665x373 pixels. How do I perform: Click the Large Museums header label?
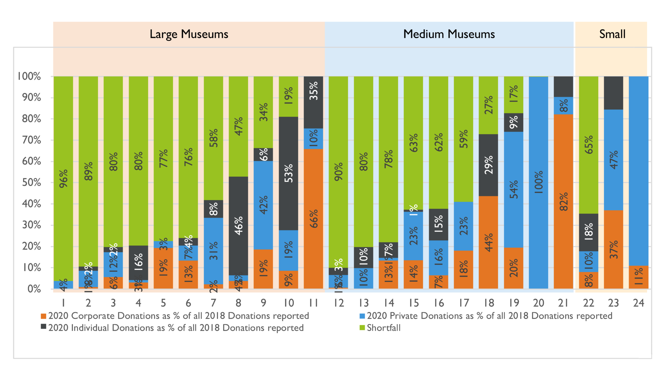click(189, 34)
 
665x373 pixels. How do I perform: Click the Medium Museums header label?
click(449, 34)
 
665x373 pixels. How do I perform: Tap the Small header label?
click(612, 34)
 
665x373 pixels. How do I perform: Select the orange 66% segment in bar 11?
click(313, 219)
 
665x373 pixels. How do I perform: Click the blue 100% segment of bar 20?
click(538, 182)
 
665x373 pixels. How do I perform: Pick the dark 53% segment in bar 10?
click(288, 174)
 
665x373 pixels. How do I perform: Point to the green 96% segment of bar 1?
click(63, 178)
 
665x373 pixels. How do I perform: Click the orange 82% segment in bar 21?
click(563, 201)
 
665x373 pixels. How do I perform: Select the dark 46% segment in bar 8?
click(238, 226)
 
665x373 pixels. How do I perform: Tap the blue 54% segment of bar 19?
click(513, 189)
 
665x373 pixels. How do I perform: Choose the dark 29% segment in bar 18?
click(488, 165)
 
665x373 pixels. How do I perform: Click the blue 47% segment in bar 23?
click(613, 160)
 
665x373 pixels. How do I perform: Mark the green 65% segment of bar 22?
click(588, 145)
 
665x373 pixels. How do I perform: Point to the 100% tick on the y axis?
click(29, 77)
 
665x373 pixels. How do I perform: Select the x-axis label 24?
click(638, 303)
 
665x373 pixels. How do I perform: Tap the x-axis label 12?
click(338, 303)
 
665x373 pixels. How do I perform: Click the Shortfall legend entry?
click(383, 328)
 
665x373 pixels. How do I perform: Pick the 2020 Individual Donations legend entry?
click(175, 328)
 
